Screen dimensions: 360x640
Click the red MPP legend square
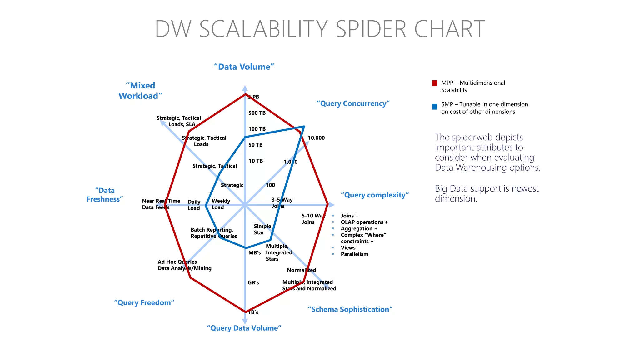[435, 83]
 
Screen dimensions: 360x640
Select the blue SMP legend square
[435, 107]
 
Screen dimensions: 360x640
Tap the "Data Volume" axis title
[244, 67]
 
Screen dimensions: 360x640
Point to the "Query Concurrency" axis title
[353, 103]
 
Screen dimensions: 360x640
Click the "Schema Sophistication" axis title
[350, 309]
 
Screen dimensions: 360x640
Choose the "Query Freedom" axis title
[144, 303]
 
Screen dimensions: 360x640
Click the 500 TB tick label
[257, 113]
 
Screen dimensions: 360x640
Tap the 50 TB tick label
[255, 145]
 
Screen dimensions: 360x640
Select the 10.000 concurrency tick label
[316, 138]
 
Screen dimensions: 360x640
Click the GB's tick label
[253, 282]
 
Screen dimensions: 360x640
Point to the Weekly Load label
[221, 204]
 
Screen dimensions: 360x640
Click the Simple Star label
[262, 229]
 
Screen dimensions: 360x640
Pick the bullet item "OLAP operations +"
[364, 222]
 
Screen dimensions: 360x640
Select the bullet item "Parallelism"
[354, 254]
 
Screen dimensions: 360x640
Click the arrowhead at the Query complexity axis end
[332, 205]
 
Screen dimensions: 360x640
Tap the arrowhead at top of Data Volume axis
[245, 88]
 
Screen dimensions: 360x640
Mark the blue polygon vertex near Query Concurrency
[304, 127]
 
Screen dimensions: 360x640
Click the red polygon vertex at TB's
[245, 312]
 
